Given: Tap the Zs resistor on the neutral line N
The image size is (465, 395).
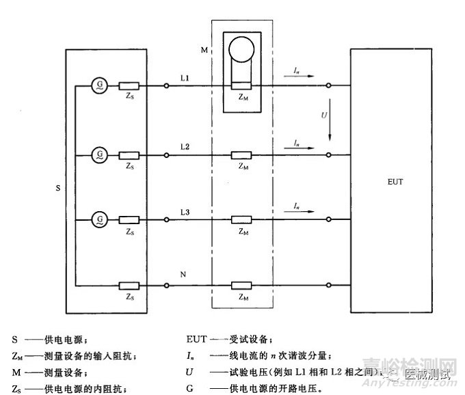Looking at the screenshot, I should click(x=129, y=284).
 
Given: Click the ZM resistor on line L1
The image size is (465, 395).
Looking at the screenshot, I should click(x=242, y=85).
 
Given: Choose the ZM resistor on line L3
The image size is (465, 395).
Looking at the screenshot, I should click(x=242, y=219).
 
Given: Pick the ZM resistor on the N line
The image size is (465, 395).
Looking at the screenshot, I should click(x=242, y=284).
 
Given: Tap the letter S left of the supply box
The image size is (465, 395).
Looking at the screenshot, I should click(x=57, y=185).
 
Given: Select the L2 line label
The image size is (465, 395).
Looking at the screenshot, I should click(x=185, y=148).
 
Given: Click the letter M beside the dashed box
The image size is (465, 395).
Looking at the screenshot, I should click(x=203, y=50).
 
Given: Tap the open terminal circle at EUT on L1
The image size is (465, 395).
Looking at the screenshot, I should click(x=329, y=85).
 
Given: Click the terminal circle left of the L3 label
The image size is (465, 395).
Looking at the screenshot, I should click(x=167, y=219).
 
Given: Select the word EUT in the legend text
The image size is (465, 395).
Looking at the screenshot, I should click(x=196, y=339).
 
